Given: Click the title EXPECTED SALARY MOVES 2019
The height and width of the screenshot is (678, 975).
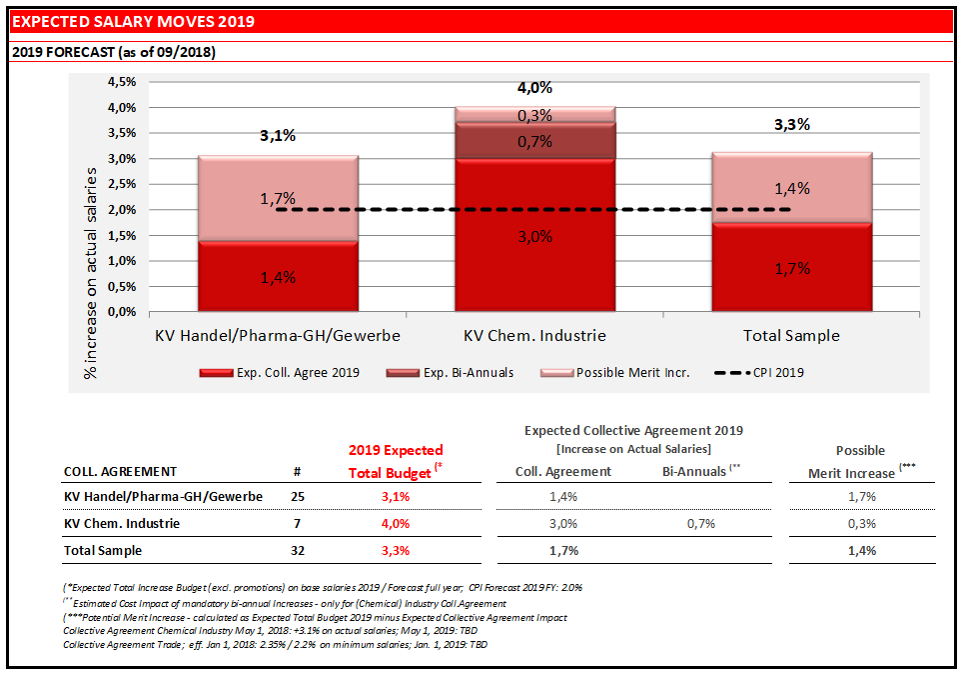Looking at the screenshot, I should click(x=133, y=21).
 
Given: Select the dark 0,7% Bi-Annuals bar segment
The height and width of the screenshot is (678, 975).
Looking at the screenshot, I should click(x=534, y=141).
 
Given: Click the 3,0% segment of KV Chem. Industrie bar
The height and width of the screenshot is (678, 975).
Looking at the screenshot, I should click(x=534, y=236).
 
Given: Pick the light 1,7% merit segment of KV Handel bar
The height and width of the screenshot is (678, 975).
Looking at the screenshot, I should click(x=278, y=198).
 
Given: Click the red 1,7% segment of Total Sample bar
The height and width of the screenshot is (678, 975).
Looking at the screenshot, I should click(x=791, y=268).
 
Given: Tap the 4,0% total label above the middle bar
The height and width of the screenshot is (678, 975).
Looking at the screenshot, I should click(x=534, y=87).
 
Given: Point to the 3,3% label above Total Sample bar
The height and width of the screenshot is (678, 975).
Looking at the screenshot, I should click(x=791, y=125).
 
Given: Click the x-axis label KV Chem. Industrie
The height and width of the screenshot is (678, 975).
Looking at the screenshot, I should click(x=534, y=335).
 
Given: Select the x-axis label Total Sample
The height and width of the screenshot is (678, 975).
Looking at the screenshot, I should click(x=791, y=335).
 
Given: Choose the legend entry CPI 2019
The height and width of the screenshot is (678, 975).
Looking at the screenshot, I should click(x=761, y=373).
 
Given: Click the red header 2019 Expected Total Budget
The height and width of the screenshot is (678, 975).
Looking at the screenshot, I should click(x=395, y=461).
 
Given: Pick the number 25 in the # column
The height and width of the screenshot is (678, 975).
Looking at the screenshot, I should click(x=298, y=496).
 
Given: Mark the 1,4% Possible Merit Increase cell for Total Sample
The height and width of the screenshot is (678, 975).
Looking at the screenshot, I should click(x=861, y=550).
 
